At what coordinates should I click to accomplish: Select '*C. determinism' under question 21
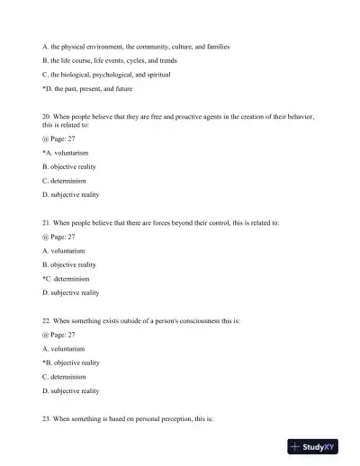tap(66, 279)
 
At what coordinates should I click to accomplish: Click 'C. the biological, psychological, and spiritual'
tap(106, 74)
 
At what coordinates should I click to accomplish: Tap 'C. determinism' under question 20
tap(64, 181)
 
